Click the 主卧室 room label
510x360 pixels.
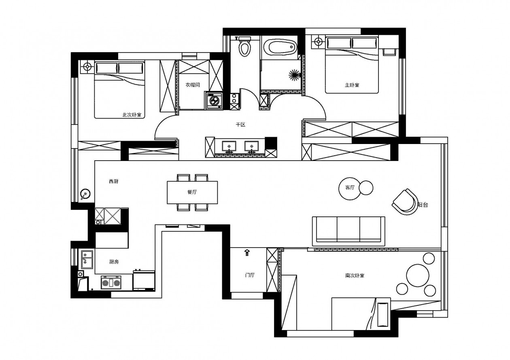coord(352,85)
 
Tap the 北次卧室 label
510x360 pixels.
coord(132,115)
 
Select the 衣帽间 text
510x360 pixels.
coord(193,85)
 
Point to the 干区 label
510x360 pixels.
coord(241,125)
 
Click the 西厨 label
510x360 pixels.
coord(113,181)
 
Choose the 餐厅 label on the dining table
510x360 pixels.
coord(192,192)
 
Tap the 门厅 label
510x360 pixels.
coord(250,275)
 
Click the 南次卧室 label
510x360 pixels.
coord(355,275)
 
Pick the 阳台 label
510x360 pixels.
coord(423,205)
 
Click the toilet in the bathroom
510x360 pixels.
coord(244,46)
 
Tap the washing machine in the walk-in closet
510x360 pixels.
coord(214,101)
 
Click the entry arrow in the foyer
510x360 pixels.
coord(247,252)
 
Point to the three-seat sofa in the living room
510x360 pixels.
coord(348,231)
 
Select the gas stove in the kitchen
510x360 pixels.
coord(111,282)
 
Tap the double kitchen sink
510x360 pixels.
coord(87,259)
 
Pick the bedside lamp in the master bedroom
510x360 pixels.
coord(318,42)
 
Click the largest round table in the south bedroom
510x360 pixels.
coord(418,275)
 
